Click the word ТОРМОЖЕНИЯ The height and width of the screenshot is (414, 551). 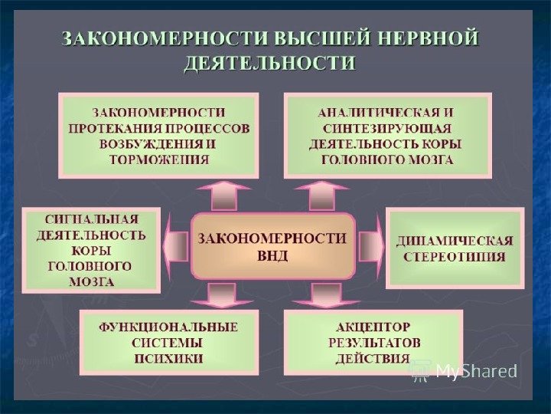(x=159, y=160)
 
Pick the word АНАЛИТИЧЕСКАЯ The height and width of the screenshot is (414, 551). (x=365, y=112)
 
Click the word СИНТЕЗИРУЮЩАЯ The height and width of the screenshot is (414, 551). (x=386, y=128)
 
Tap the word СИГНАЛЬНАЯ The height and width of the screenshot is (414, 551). (x=91, y=218)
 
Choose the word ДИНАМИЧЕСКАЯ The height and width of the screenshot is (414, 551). (x=455, y=241)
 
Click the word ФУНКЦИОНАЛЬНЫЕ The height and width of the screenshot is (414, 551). (x=168, y=327)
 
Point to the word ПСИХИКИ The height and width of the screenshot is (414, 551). (x=168, y=358)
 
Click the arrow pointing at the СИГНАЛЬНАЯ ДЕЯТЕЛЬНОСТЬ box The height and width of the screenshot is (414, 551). (x=175, y=246)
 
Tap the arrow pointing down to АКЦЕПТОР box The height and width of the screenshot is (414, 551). (x=324, y=294)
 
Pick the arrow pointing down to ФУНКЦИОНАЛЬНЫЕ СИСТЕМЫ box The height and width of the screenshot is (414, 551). (x=222, y=294)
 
